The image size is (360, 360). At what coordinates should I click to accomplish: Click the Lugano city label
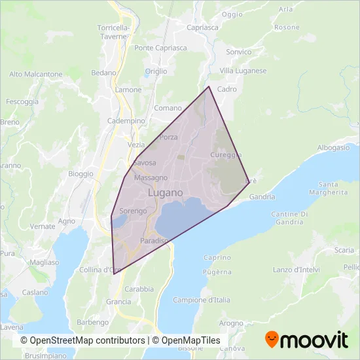165,193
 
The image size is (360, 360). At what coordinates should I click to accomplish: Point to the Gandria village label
262,196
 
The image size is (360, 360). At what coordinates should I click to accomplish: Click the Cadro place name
226,89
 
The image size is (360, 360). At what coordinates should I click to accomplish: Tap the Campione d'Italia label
202,300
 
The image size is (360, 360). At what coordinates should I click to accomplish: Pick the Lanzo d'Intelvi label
294,270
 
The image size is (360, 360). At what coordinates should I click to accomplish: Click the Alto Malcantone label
36,75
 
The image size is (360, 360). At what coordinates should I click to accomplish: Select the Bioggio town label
81,174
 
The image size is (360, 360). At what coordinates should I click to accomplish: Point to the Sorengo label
133,211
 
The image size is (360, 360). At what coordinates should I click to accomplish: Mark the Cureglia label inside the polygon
226,154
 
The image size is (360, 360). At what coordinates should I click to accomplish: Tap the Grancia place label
118,302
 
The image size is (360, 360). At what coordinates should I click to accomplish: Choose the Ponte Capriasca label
160,48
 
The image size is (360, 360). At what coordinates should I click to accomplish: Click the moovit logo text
314,340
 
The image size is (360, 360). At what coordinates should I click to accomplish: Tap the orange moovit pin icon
271,340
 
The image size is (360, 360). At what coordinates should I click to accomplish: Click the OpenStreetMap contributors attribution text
82,340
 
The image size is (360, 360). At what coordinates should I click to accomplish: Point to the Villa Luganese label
243,71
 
